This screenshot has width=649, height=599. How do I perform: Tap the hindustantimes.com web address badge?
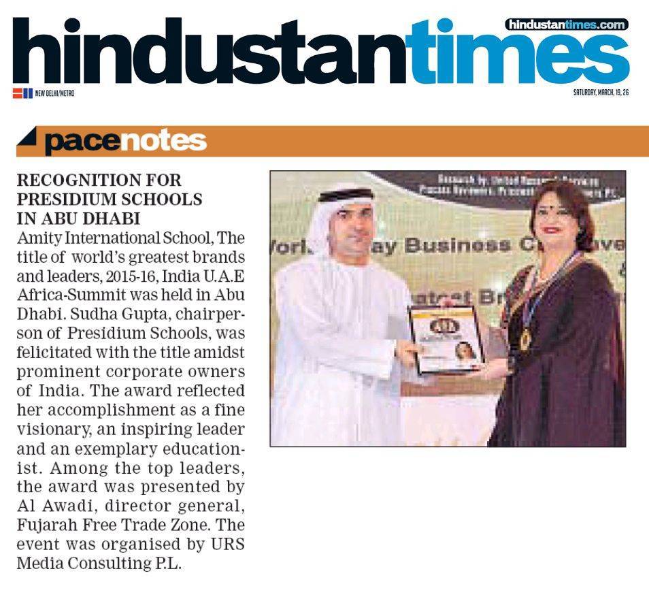point(566,25)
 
